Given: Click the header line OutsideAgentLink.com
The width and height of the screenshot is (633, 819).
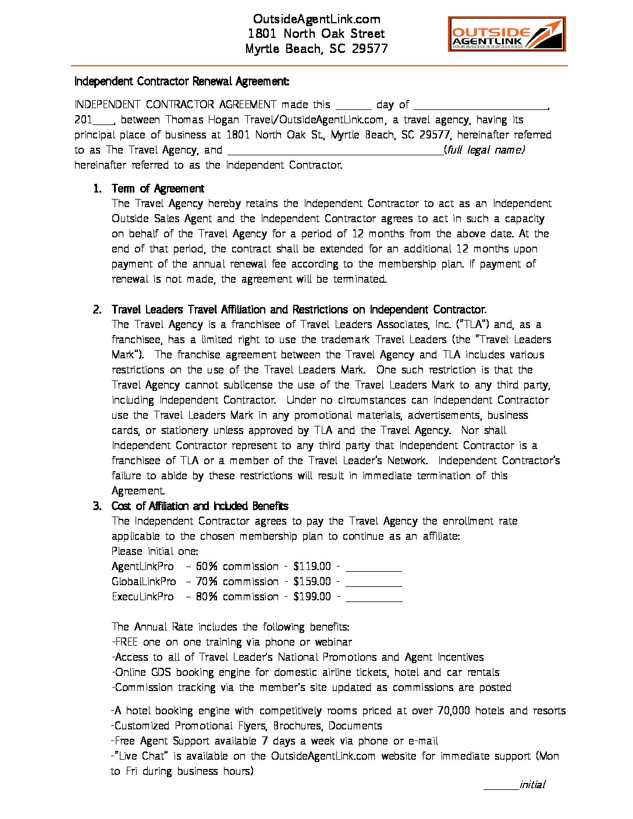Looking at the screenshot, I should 316,19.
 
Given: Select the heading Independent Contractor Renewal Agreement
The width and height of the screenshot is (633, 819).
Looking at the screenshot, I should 182,81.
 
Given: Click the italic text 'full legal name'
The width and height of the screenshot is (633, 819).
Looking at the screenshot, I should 485,150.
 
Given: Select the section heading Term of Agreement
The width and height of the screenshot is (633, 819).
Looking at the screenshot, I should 158,188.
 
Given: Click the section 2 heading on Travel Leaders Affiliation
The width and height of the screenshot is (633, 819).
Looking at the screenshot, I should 299,309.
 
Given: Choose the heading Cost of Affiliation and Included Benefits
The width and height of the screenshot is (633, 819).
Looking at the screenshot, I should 200,506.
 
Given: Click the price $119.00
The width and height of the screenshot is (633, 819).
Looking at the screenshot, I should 312,567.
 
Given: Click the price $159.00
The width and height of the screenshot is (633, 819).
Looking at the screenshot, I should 312,582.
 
